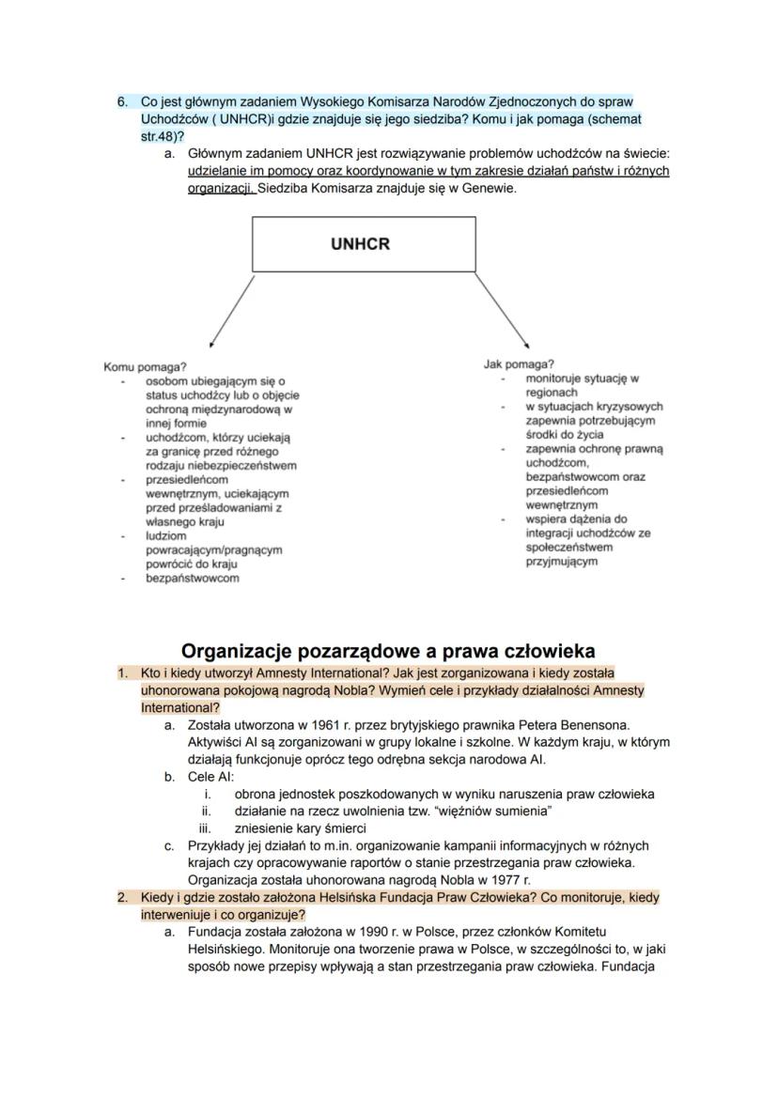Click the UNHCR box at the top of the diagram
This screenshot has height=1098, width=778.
[360, 244]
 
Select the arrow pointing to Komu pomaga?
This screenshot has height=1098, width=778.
[231, 311]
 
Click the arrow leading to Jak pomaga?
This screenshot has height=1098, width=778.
[503, 311]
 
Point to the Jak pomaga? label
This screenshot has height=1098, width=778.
[519, 363]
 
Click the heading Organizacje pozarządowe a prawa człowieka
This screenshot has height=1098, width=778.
[388, 651]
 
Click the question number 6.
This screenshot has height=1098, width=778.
[122, 101]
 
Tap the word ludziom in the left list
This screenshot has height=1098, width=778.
[165, 535]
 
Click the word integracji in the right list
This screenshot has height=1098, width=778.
[554, 533]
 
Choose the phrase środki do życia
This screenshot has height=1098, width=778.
[564, 435]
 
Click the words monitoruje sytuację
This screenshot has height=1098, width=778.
[582, 379]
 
